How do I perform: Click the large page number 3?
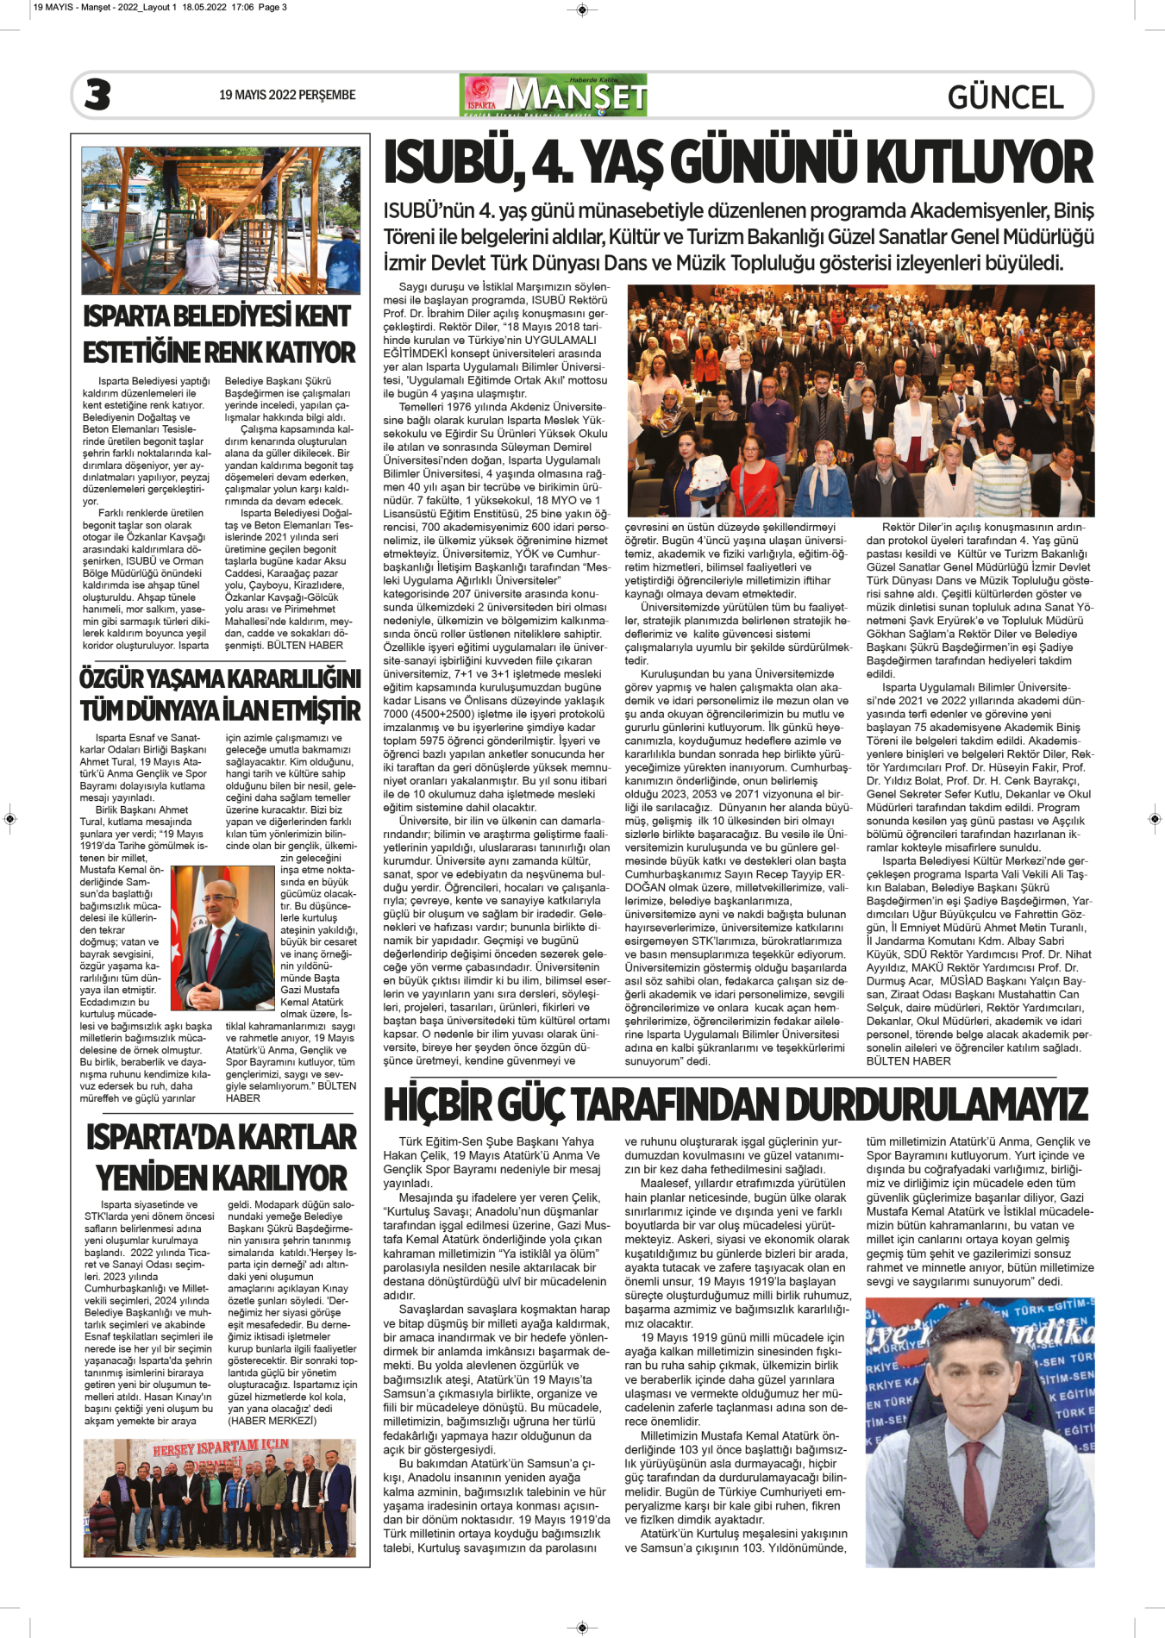click(x=97, y=95)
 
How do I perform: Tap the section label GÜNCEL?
click(x=1005, y=97)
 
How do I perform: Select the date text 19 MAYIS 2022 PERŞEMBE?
click(x=287, y=95)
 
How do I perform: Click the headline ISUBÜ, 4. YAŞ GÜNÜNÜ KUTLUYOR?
click(x=738, y=163)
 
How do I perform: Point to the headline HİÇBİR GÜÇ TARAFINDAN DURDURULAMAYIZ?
click(x=736, y=1104)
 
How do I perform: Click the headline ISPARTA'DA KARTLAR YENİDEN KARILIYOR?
click(x=221, y=1158)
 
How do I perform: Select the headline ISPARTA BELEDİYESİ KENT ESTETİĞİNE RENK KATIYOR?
click(x=219, y=334)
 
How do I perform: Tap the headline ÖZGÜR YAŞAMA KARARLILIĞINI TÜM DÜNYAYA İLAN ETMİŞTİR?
click(x=220, y=694)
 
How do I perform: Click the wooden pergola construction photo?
click(x=221, y=221)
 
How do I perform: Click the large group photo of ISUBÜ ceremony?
click(x=860, y=401)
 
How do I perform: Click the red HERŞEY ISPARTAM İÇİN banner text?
click(x=221, y=1447)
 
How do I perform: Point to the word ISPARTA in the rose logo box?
click(x=481, y=105)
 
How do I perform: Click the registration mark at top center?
click(x=582, y=10)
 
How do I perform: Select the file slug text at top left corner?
click(x=160, y=7)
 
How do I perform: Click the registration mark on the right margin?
click(x=1155, y=817)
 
